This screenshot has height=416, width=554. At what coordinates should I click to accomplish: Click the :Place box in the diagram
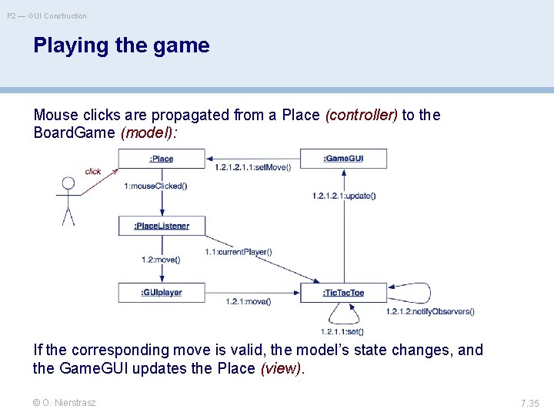click(162, 159)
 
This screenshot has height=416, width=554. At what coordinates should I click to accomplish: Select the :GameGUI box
click(343, 159)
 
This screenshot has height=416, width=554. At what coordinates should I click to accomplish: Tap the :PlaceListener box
click(162, 226)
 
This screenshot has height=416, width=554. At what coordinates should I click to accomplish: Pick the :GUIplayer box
click(162, 293)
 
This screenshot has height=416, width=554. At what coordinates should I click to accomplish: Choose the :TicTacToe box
click(343, 293)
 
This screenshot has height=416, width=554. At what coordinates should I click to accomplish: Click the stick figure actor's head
click(68, 183)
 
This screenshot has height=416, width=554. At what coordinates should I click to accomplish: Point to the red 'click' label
click(93, 172)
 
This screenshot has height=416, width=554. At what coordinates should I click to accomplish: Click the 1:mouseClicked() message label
click(155, 186)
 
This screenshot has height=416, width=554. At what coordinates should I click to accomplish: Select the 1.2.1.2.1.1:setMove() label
click(252, 167)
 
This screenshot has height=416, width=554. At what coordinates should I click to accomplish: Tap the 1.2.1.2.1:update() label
click(344, 196)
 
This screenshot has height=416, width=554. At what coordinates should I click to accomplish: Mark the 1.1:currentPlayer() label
click(239, 252)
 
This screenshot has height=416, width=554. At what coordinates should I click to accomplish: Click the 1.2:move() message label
click(161, 260)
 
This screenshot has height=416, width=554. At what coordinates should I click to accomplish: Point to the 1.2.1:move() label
click(248, 301)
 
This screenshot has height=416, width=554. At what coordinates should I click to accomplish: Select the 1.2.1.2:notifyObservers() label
click(430, 311)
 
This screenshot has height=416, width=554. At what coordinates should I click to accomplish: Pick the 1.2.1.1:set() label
click(342, 331)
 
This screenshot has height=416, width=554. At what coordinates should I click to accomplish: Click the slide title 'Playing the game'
click(122, 45)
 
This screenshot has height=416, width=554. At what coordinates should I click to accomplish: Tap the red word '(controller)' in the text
click(362, 116)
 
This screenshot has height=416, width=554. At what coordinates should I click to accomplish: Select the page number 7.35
click(529, 403)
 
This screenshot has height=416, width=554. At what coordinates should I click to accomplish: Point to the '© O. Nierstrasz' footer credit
click(65, 402)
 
